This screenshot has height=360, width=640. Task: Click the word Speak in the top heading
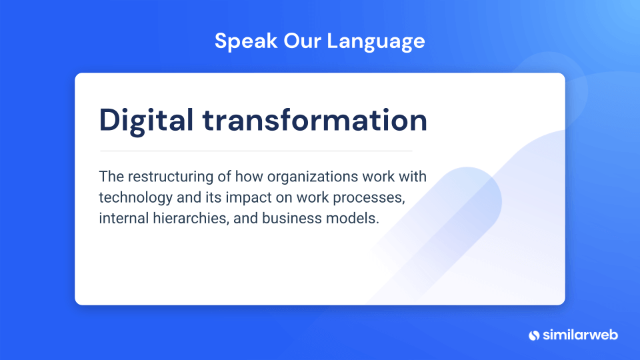point(246,41)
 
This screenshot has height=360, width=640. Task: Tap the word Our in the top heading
point(302,41)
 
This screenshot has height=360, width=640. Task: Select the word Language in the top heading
point(376,42)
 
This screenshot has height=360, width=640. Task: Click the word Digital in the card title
point(146,121)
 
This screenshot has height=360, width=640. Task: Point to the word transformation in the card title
point(315,120)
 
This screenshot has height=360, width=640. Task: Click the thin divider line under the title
point(256,151)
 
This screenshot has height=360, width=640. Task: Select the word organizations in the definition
point(313,177)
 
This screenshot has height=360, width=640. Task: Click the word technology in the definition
point(136,198)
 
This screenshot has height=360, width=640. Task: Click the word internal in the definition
point(124,218)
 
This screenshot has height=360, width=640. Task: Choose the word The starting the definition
point(111,176)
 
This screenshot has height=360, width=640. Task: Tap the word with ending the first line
point(413,176)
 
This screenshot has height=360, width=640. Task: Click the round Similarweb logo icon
point(534,335)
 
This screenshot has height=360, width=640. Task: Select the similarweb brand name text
point(581,335)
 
